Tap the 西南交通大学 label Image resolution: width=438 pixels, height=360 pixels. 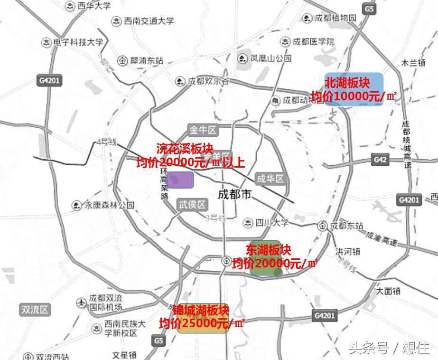click(x=149, y=21)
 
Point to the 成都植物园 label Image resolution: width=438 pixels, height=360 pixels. click(x=335, y=19)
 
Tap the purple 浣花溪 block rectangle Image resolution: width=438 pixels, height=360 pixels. click(x=180, y=180)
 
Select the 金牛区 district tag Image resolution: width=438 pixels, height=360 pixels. click(x=203, y=130)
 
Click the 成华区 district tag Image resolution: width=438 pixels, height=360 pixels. click(x=270, y=179)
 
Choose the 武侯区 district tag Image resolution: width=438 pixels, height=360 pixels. click(x=193, y=205)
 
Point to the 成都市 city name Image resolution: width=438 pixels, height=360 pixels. click(x=234, y=195)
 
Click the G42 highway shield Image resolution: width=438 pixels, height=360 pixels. click(x=380, y=160)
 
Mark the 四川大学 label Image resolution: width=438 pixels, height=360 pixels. click(x=271, y=223)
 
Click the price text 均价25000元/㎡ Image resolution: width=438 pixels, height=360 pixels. click(x=202, y=323)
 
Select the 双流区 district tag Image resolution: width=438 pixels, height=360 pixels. click(x=35, y=310)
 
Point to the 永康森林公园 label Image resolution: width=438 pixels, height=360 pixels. click(x=109, y=205)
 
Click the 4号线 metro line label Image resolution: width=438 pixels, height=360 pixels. click(x=106, y=142)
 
